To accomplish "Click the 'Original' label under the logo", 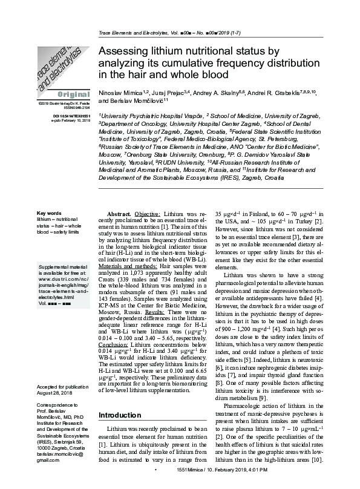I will pyautogui.click(x=73, y=95).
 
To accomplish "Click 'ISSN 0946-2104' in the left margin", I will pyautogui.click(x=76, y=109).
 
